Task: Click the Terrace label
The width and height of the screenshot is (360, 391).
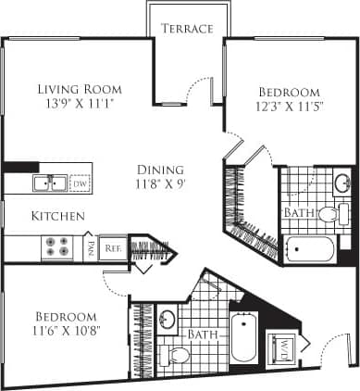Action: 187,29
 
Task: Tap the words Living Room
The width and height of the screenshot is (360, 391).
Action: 80,89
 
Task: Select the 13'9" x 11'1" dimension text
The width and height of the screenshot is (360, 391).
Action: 80,105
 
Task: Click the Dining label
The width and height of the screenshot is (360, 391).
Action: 160,170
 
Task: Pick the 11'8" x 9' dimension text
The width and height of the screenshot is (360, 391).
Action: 160,185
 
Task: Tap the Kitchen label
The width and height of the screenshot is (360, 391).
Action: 59,216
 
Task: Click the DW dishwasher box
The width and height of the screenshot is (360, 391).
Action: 81,183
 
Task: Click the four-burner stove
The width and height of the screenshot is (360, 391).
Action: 58,247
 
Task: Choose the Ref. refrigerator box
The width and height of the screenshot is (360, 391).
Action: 112,247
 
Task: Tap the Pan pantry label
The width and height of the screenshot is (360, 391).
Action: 91,247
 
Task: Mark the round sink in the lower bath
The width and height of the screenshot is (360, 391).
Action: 168,322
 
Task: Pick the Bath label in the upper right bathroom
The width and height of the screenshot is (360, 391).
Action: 299,212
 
